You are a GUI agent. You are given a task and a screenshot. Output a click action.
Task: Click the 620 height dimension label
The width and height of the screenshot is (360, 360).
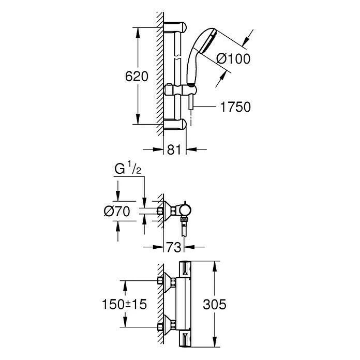pyautogui.click(x=137, y=77)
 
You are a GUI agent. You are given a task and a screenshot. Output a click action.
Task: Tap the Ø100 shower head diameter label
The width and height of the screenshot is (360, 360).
pyautogui.click(x=233, y=58)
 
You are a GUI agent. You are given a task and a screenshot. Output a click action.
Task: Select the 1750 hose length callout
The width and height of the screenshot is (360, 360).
pyautogui.click(x=235, y=107)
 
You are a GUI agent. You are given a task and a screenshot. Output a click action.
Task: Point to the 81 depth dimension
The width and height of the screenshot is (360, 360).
pyautogui.click(x=174, y=149)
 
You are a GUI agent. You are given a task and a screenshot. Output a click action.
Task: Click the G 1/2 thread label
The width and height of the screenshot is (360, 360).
pyautogui.click(x=128, y=168)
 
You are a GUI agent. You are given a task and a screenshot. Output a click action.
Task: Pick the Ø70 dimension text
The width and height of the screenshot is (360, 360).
pyautogui.click(x=117, y=211)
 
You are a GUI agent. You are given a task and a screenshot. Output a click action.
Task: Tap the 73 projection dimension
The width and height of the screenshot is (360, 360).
pyautogui.click(x=174, y=247)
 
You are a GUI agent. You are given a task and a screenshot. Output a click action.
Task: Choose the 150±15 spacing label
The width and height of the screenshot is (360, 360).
pyautogui.click(x=124, y=305)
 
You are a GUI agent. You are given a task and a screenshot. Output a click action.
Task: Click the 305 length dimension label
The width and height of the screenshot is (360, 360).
pyautogui.click(x=215, y=305)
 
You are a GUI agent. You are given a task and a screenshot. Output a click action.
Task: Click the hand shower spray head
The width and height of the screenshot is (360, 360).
pyautogui.click(x=204, y=42)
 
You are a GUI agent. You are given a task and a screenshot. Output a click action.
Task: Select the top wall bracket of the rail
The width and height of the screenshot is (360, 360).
pyautogui.click(x=175, y=26)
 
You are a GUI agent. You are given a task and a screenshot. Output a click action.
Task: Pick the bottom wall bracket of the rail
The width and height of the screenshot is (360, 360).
pyautogui.click(x=175, y=124)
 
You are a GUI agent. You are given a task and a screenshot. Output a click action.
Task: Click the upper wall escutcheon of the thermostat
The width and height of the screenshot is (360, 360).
pyautogui.click(x=167, y=281)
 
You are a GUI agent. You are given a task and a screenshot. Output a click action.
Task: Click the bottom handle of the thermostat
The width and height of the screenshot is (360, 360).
pyautogui.click(x=185, y=339)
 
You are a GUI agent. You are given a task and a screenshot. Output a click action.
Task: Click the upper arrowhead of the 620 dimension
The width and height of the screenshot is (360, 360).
pyautogui.click(x=138, y=33)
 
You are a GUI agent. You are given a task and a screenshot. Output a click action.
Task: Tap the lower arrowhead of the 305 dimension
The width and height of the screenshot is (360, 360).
pyautogui.click(x=215, y=341)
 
